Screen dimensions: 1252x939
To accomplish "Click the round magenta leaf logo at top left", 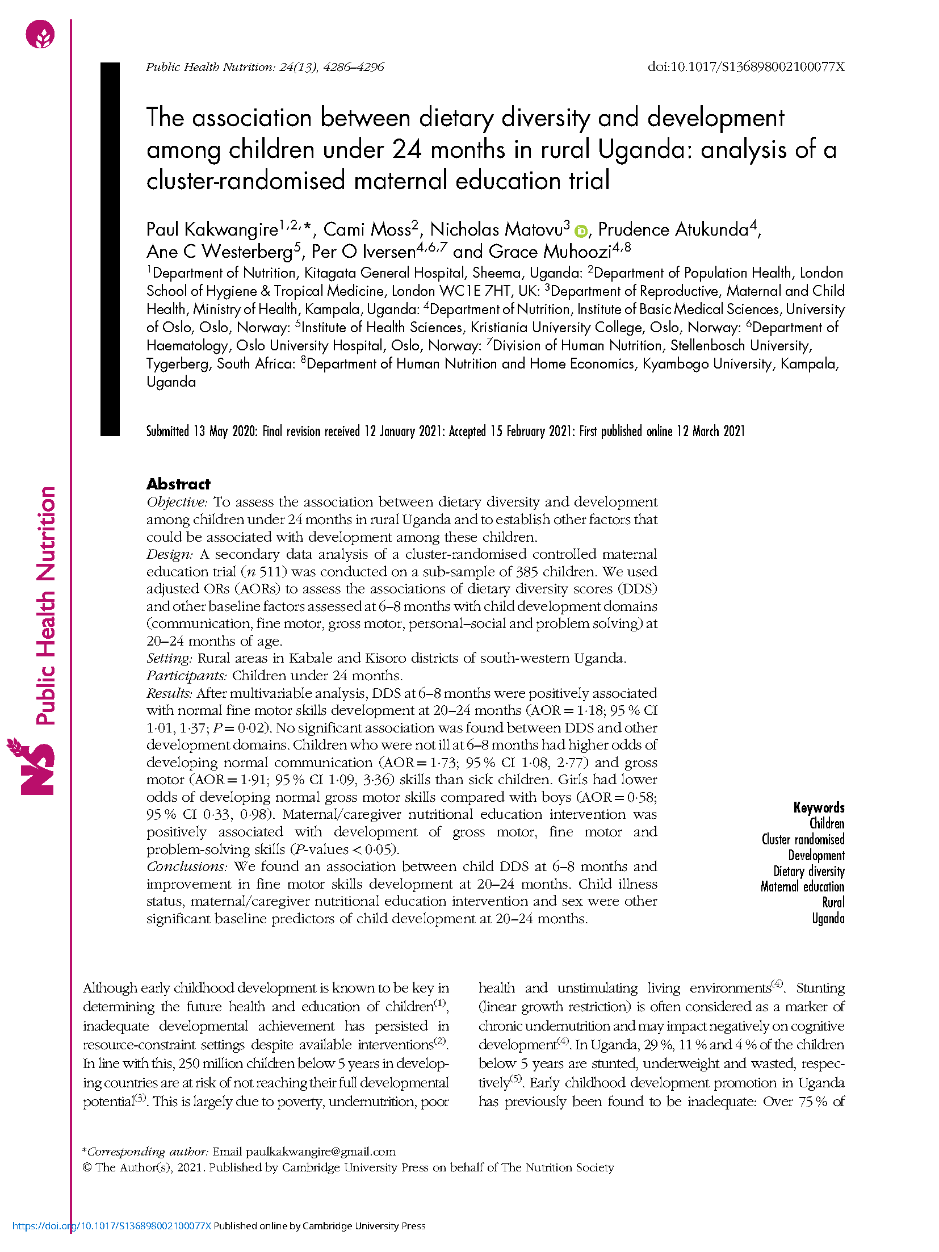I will (40, 34).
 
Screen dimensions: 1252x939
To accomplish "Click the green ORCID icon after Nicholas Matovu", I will (580, 231).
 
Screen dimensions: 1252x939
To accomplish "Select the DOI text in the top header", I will (745, 67).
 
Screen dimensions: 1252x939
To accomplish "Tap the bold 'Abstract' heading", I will (178, 484).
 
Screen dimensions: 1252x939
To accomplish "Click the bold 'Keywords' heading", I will (819, 807).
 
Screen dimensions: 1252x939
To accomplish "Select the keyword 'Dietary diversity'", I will (808, 871).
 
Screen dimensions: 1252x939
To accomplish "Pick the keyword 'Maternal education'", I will (802, 887).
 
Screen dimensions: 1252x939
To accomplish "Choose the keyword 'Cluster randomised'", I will (803, 839).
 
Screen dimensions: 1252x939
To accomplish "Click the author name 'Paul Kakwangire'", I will (212, 229).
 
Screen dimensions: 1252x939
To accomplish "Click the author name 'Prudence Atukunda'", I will (673, 229).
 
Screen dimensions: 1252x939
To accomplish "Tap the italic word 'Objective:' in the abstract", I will (177, 502).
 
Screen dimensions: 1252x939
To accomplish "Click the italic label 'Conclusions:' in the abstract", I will (187, 866).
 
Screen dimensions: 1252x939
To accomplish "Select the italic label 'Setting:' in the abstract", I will (169, 658).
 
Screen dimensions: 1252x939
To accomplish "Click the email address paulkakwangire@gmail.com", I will (320, 1151).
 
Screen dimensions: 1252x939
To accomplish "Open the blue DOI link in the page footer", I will (112, 1226).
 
